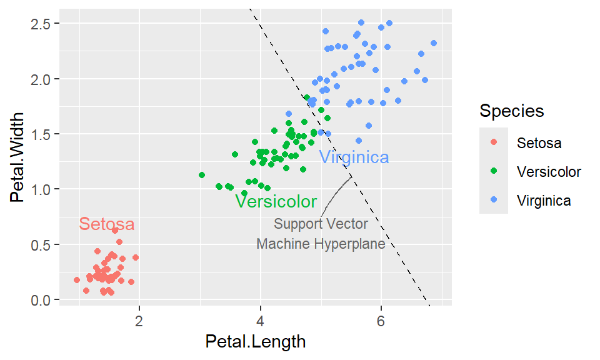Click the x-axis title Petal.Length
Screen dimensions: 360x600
pyautogui.click(x=255, y=342)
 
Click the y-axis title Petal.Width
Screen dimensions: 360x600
pyautogui.click(x=18, y=157)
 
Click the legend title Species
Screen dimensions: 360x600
pyautogui.click(x=511, y=111)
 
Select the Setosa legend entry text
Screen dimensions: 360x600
pyautogui.click(x=539, y=143)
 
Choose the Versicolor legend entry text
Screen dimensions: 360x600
pyautogui.click(x=549, y=172)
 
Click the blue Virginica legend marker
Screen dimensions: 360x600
pyautogui.click(x=494, y=201)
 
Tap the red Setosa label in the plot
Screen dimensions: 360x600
pyautogui.click(x=107, y=224)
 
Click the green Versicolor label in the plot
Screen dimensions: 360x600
pyautogui.click(x=276, y=202)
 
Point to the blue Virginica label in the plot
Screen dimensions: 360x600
pyautogui.click(x=354, y=157)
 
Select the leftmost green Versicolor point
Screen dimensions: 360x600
pyautogui.click(x=202, y=175)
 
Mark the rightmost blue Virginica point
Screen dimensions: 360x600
pyautogui.click(x=433, y=43)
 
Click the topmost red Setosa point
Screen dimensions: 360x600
pyautogui.click(x=115, y=231)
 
